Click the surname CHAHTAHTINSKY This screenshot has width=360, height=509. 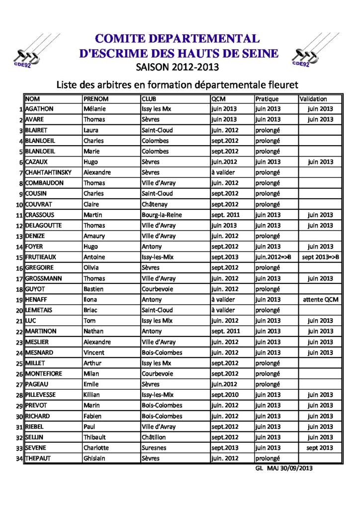coord(48,172)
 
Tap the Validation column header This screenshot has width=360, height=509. coord(314,98)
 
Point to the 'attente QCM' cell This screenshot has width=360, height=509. coord(320,300)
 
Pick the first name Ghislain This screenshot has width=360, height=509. coord(94,458)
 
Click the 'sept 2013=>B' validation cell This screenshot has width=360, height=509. coord(321,257)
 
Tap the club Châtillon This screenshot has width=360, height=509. coord(155,437)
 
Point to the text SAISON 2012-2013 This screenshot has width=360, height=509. coord(177,67)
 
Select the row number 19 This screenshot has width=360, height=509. coord(19,300)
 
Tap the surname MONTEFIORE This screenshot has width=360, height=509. coord(44,373)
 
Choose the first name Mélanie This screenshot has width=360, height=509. coord(94,109)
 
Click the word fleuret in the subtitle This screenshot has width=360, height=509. coord(280,84)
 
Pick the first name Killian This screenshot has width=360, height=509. coord(93,395)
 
